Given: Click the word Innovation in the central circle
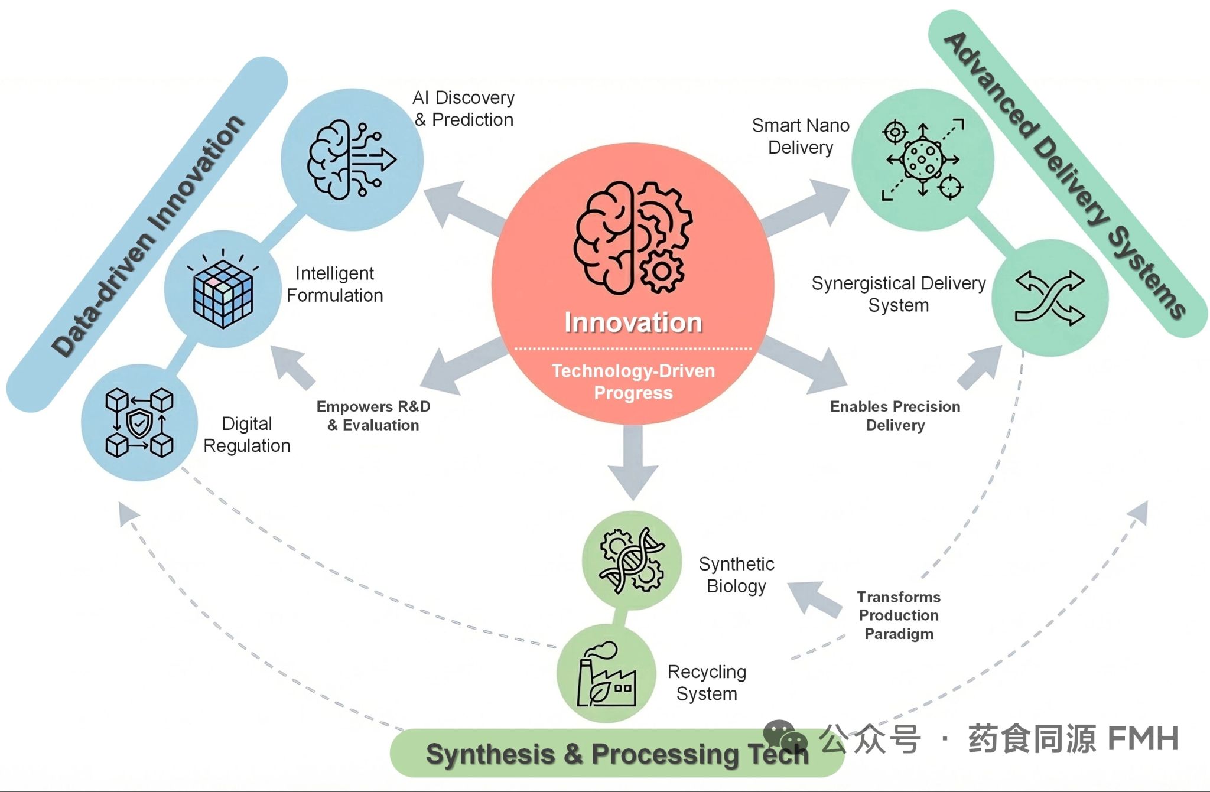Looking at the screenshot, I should point(633,322).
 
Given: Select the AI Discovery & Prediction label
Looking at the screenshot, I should point(464,109).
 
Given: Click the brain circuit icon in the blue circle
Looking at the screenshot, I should point(352,159).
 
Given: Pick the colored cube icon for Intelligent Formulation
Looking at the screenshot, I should point(223,294).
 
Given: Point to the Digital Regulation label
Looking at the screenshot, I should point(247,435).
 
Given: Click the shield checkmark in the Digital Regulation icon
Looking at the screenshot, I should point(140,423).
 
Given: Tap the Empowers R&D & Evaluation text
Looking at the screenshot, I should point(373,416).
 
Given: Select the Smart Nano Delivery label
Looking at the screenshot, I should point(801,136).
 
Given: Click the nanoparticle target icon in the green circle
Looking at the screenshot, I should point(923,159).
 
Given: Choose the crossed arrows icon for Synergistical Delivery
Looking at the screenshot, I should point(1050,298).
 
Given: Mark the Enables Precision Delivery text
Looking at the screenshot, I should point(895,416).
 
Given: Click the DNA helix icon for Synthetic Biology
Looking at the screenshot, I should point(632,559).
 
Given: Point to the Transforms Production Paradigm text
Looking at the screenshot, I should point(899,615).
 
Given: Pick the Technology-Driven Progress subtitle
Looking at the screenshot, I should point(633,382).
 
